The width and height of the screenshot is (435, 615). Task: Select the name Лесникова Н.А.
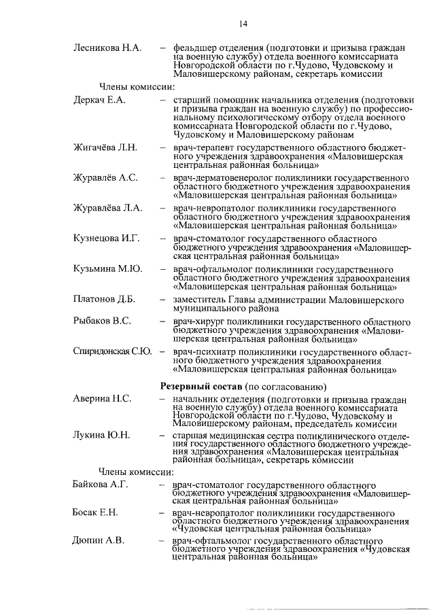[x=107, y=48]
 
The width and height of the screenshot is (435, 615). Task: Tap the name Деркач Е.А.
[x=99, y=100]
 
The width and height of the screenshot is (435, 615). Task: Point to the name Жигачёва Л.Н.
[x=105, y=147]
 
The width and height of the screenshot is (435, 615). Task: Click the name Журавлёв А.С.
[x=105, y=178]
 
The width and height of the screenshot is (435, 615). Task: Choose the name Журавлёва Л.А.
[x=107, y=209]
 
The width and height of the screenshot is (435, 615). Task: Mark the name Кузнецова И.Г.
[x=106, y=239]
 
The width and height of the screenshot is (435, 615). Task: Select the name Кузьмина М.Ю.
[x=107, y=269]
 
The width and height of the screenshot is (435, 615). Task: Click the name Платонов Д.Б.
[x=104, y=300]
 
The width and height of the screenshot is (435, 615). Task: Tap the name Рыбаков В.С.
[x=102, y=321]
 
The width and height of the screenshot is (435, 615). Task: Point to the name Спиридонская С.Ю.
[x=112, y=351]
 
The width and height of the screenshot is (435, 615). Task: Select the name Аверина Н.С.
[x=102, y=398]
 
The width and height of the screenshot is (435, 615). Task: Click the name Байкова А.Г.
[x=100, y=486]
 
